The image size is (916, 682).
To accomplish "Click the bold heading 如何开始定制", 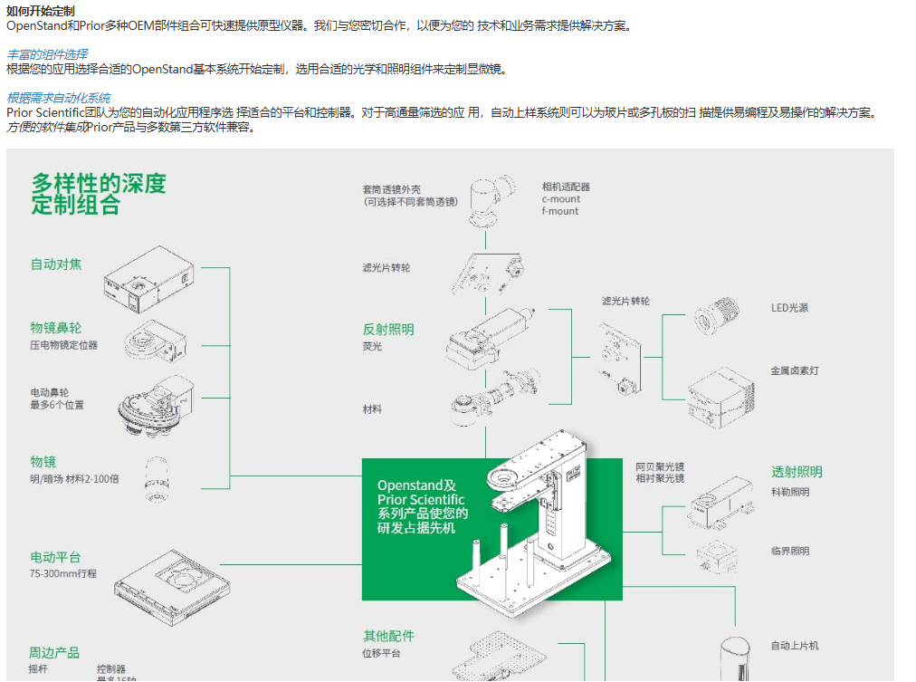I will coord(41,10).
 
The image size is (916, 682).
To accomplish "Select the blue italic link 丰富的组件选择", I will coord(47,54).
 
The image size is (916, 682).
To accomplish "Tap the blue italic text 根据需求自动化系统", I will coord(59,98).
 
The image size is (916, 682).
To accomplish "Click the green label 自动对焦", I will coord(56,264).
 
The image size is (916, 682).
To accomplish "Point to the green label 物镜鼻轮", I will coord(56,328).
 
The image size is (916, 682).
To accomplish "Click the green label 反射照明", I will coord(388,330).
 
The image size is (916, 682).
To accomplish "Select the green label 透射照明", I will coord(797,472).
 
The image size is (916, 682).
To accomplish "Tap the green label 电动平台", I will coord(56,557).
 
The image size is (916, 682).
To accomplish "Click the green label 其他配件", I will coord(388,636).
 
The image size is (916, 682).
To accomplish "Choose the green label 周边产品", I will coord(54,652).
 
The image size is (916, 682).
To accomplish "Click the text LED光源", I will coord(789,308).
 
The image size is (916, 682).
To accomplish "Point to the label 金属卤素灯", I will coord(795,371).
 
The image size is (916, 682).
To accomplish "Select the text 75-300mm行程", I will coord(63,574).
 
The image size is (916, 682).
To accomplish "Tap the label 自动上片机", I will coord(795,646).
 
